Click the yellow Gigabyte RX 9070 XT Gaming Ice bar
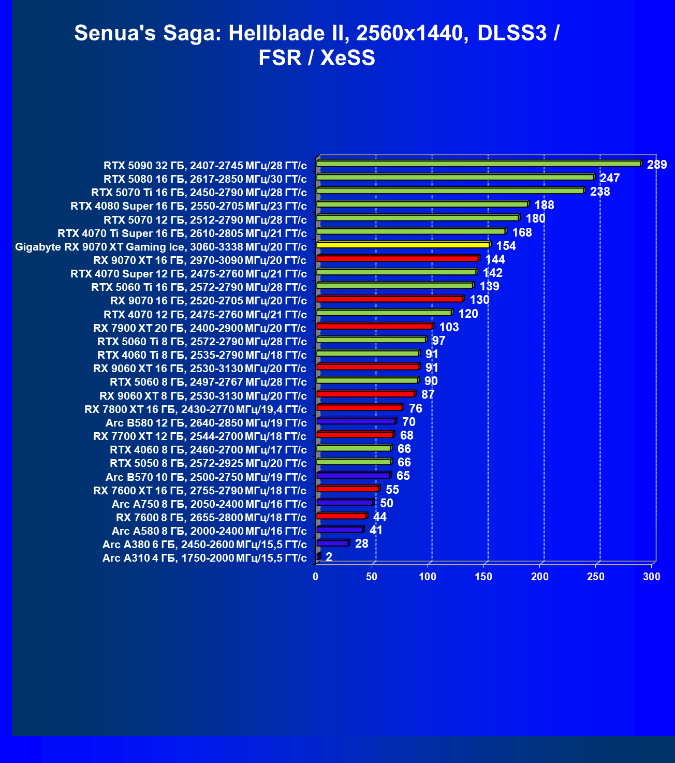pyautogui.click(x=403, y=245)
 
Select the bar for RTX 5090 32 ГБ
pyautogui.click(x=478, y=164)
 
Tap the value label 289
pyautogui.click(x=657, y=165)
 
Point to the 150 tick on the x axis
pyautogui.click(x=484, y=577)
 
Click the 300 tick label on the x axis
pyautogui.click(x=652, y=577)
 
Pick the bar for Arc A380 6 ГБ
pyautogui.click(x=332, y=543)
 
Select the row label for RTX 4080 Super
pyautogui.click(x=188, y=206)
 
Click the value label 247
pyautogui.click(x=610, y=178)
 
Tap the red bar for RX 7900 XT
pyautogui.click(x=374, y=326)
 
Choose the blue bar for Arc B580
pyautogui.click(x=356, y=421)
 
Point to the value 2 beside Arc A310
pyautogui.click(x=329, y=557)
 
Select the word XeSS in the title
pyautogui.click(x=347, y=57)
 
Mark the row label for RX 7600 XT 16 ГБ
pyautogui.click(x=199, y=491)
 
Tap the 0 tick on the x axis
pyautogui.click(x=316, y=577)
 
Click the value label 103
pyautogui.click(x=449, y=327)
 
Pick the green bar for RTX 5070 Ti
pyautogui.click(x=450, y=191)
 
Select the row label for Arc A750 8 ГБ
pyautogui.click(x=209, y=504)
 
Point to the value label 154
pyautogui.click(x=506, y=246)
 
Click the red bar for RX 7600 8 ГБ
pyautogui.click(x=341, y=516)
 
